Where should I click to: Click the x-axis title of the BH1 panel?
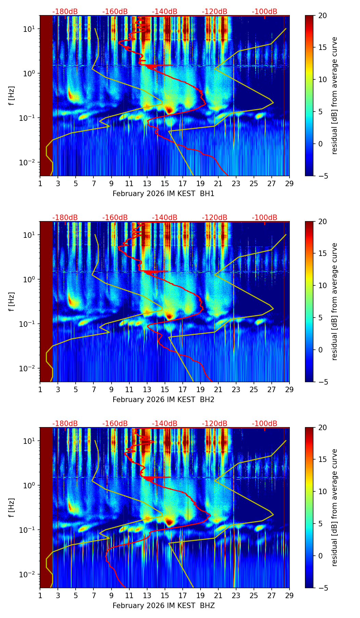click(x=163, y=194)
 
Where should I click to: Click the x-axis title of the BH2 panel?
click(x=163, y=400)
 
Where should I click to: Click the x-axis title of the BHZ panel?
click(x=163, y=606)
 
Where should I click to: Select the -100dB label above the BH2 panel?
click(x=265, y=218)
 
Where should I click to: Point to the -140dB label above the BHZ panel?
click(x=165, y=424)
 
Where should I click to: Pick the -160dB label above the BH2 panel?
click(x=115, y=218)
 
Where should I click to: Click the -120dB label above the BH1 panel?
click(x=215, y=12)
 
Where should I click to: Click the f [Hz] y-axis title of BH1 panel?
click(x=12, y=96)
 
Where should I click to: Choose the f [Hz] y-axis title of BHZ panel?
click(x=12, y=508)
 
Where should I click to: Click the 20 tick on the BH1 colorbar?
click(x=322, y=16)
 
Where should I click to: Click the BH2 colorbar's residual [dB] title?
click(x=335, y=301)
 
